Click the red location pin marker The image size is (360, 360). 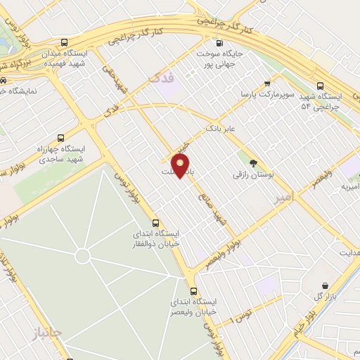point(181,167)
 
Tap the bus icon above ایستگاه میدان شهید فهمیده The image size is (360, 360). point(65,41)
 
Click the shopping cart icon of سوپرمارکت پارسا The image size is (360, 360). point(266,82)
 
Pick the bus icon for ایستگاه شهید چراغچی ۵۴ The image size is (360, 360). point(321,83)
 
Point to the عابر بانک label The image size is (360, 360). point(224,129)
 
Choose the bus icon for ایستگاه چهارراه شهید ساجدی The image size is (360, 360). point(61,138)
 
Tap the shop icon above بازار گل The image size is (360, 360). point(325,285)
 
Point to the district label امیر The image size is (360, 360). point(285,200)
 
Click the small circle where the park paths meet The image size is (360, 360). point(82,256)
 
